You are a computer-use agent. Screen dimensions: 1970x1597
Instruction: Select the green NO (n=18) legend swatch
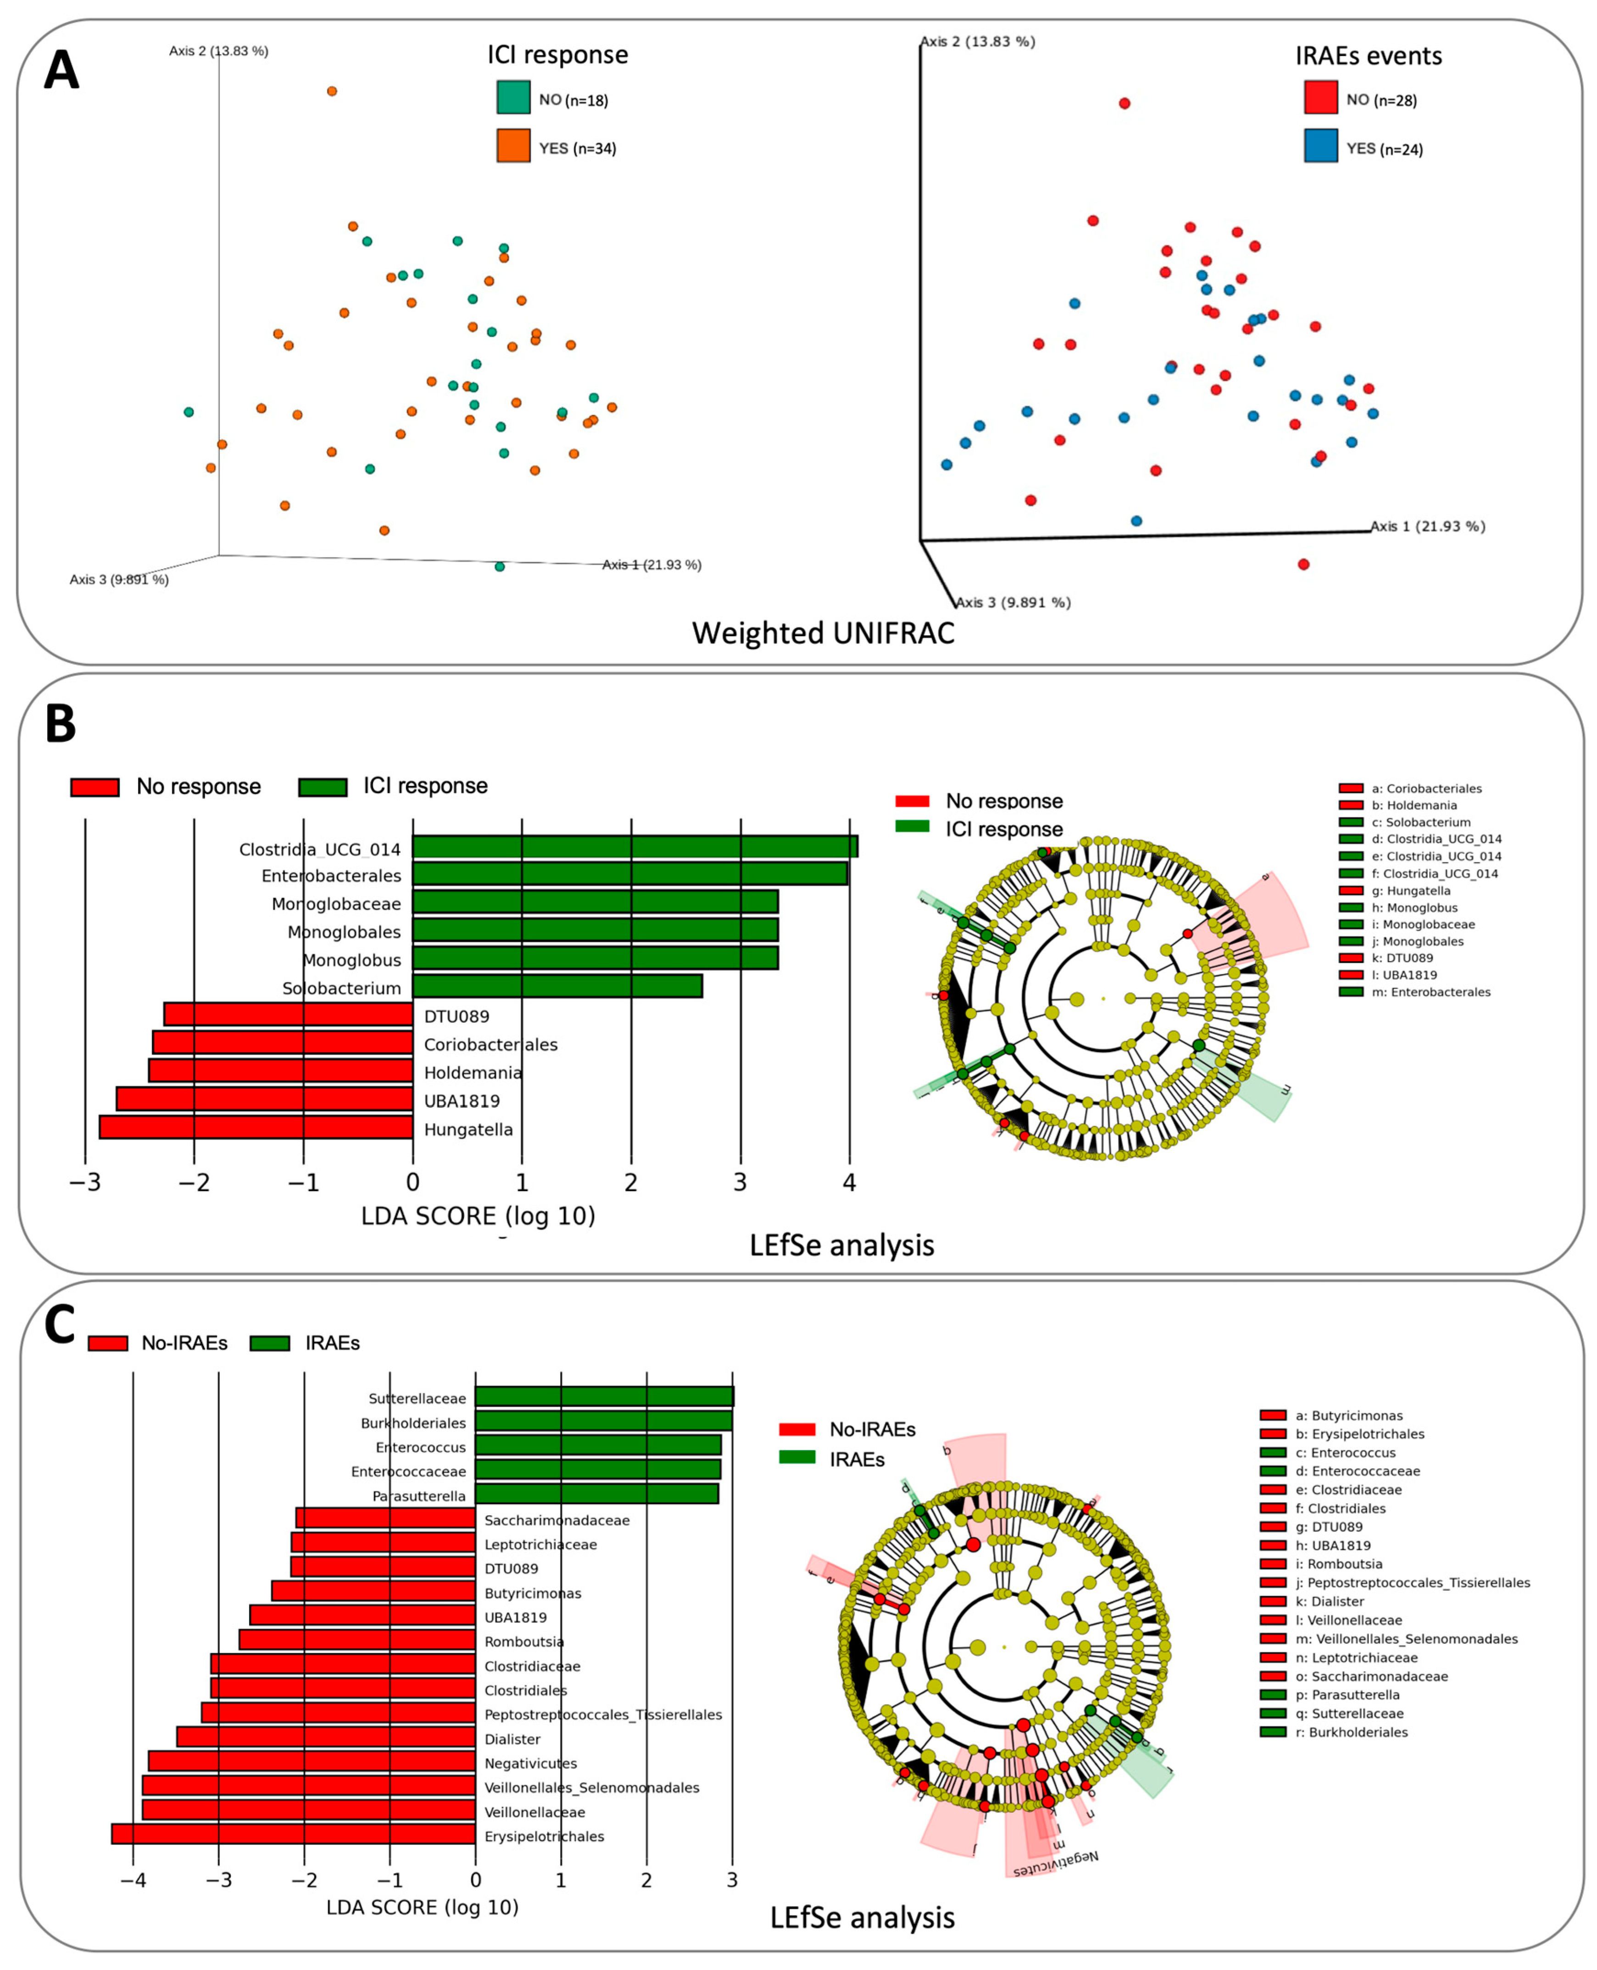click(513, 97)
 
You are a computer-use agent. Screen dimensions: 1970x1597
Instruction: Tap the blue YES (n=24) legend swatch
click(1320, 146)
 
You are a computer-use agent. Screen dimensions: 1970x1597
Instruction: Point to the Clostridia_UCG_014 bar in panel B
click(635, 846)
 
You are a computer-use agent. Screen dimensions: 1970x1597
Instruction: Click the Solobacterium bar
click(556, 986)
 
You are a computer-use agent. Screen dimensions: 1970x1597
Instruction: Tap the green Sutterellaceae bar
click(603, 1397)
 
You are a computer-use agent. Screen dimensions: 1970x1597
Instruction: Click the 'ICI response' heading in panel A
click(557, 55)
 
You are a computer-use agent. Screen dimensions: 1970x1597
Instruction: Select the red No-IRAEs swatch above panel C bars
click(108, 1343)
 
